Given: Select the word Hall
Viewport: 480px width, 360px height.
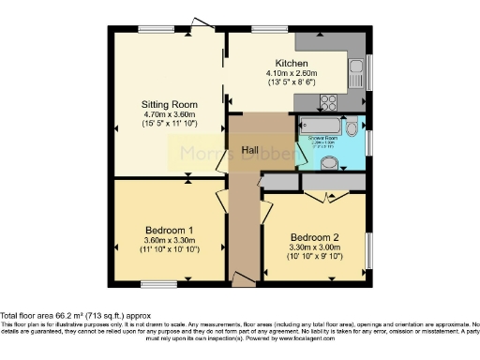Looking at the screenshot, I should click(x=250, y=150).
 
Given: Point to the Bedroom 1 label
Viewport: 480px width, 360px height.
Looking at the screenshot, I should click(x=170, y=230).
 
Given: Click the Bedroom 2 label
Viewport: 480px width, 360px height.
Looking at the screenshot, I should click(x=314, y=236).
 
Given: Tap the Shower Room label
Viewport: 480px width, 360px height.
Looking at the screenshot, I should click(x=323, y=139).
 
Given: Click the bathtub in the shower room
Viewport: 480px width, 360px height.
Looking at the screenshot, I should click(x=320, y=124).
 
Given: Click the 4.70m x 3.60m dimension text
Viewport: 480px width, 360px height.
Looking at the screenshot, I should click(x=169, y=113).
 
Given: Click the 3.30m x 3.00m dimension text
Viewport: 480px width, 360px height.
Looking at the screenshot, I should click(x=314, y=247).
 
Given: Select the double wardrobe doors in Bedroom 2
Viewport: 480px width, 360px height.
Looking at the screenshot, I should click(x=327, y=194).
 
